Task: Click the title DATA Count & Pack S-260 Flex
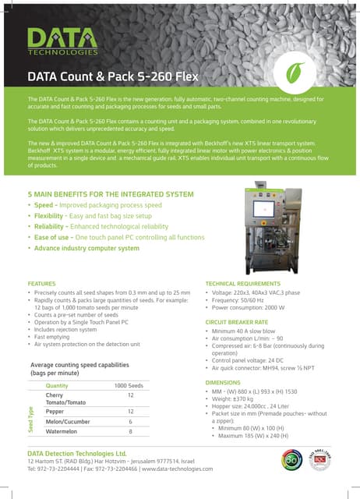coord(113,76)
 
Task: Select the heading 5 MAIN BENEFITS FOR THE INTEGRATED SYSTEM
coord(111,193)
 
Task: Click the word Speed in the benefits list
coord(44,205)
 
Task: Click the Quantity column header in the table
coord(57,386)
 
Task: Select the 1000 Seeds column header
coord(129,386)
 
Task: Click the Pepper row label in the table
coord(55,411)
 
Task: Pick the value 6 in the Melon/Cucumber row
coord(130,421)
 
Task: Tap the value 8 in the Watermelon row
coord(130,431)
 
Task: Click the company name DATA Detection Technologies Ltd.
coord(76,452)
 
